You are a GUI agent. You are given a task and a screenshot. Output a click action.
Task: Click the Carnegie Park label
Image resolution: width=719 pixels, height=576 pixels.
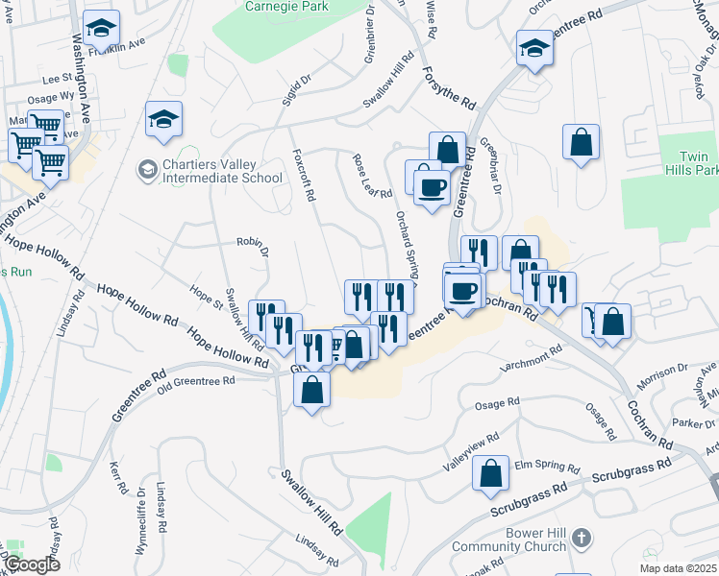click(286, 7)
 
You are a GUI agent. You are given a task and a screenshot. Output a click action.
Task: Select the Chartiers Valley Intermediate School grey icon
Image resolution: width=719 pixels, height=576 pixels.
click(147, 171)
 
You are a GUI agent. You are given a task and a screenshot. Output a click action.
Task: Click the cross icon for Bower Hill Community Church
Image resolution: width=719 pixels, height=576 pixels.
click(580, 539)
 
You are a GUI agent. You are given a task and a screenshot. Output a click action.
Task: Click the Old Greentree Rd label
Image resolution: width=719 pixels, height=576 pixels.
click(196, 381)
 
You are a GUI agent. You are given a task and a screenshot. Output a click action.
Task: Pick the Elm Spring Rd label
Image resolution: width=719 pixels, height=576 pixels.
click(546, 467)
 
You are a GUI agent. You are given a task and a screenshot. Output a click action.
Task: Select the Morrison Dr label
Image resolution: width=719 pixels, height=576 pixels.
click(662, 372)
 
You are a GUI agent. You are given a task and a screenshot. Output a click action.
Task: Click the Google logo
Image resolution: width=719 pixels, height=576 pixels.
click(33, 564)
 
